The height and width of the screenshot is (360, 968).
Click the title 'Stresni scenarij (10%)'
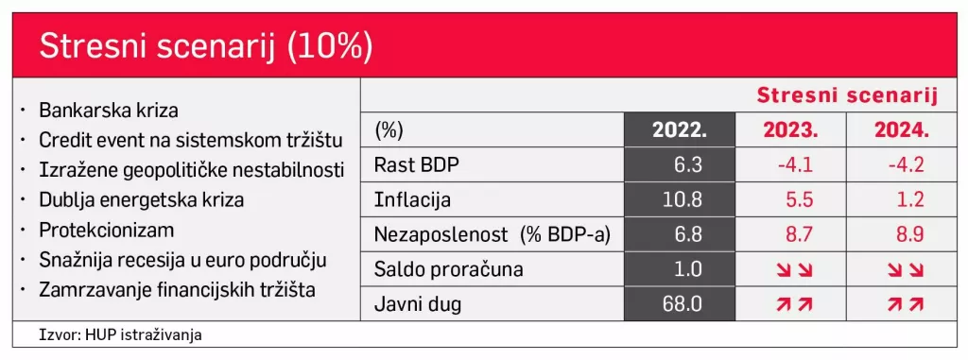[x=205, y=46]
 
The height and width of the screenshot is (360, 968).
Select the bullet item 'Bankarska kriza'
[x=109, y=111]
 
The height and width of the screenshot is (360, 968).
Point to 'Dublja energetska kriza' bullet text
[x=141, y=200]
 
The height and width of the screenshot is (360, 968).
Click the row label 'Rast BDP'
[x=416, y=165]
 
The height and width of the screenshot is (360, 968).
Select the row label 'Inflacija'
[x=413, y=200]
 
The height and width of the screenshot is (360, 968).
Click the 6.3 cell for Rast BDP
[x=689, y=165]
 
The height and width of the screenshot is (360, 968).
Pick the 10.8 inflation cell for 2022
[x=683, y=200]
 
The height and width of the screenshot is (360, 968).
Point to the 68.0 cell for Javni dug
[x=683, y=304]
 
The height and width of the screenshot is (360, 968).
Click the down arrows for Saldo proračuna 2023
[x=792, y=269]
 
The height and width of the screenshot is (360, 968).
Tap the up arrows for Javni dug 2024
[x=904, y=304]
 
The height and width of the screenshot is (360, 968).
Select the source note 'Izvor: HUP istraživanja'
[x=121, y=334]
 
